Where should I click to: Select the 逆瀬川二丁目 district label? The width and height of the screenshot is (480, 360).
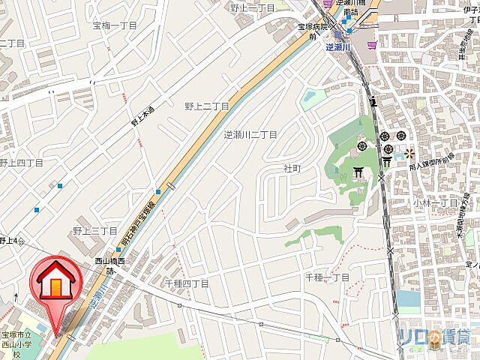(x=250, y=135)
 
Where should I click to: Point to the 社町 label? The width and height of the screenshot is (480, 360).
(x=292, y=169)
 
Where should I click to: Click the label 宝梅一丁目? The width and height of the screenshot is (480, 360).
(x=115, y=25)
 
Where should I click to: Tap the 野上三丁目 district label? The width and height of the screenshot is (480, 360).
(x=94, y=231)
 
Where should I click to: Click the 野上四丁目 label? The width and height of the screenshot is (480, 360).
(x=21, y=162)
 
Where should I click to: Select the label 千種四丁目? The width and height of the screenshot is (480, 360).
(x=186, y=283)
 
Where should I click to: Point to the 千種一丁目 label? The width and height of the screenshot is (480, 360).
(x=326, y=278)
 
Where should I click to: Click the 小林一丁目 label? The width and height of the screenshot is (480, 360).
(x=435, y=202)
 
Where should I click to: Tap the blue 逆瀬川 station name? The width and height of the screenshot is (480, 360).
(x=339, y=45)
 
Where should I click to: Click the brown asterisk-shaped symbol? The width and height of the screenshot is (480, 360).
(x=409, y=154)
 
